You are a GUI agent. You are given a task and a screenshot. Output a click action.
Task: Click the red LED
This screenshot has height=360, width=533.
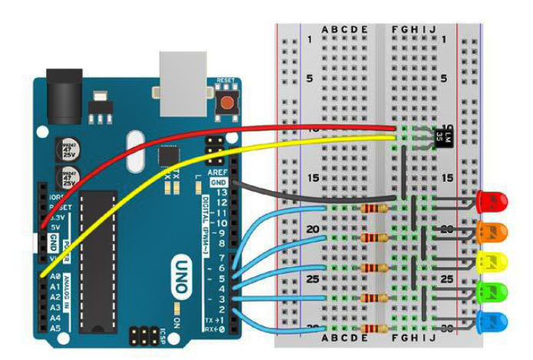pyautogui.click(x=492, y=203)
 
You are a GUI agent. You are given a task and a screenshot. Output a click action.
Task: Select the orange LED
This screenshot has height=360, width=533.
pyautogui.click(x=492, y=232)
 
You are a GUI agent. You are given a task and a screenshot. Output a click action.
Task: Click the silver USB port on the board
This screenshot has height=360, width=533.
pyautogui.click(x=183, y=74)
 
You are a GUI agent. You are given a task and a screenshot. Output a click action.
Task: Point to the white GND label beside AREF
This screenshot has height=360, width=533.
pyautogui.click(x=218, y=183)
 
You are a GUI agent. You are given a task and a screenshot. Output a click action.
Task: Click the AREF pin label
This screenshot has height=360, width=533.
pyautogui.click(x=217, y=173)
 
